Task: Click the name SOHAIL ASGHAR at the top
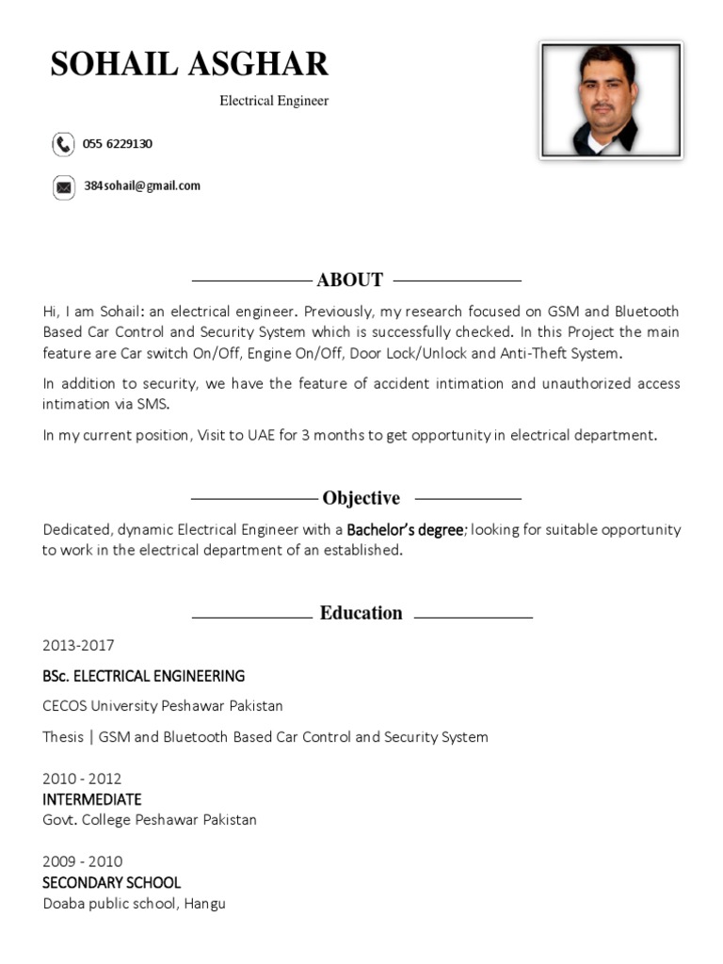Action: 189,64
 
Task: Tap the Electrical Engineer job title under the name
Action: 274,101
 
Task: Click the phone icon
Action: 63,144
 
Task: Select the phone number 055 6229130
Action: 118,144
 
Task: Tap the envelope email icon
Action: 63,187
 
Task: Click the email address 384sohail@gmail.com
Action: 142,186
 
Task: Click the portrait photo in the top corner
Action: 611,100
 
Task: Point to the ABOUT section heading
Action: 350,280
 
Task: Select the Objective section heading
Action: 361,498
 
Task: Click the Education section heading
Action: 361,613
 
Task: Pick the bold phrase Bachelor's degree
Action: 405,530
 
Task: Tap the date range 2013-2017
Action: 78,646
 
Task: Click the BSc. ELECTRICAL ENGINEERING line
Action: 143,676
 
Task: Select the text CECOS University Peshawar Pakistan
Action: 163,706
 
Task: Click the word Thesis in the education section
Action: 63,737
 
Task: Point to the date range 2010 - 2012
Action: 82,779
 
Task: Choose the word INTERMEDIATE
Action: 92,800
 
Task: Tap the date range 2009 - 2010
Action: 82,862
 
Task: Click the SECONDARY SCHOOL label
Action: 111,883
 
